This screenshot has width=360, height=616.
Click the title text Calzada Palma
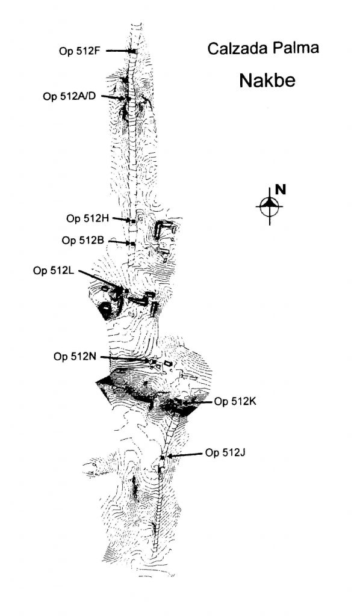coord(263,48)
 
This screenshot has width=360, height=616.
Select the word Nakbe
coord(267,81)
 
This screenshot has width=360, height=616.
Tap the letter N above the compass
coord(280,189)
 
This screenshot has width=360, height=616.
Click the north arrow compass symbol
coord(269,206)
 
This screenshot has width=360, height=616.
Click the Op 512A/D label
coord(69,96)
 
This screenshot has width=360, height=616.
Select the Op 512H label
coord(87,218)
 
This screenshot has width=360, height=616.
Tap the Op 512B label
coord(82,240)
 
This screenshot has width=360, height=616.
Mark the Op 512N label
coord(75,357)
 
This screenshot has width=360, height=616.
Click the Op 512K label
coord(235,401)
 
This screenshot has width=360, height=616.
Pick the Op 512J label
coord(225,453)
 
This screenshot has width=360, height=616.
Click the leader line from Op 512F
coord(119,51)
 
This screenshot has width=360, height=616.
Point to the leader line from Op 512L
coord(101,280)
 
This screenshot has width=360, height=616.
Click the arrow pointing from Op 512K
coord(199,402)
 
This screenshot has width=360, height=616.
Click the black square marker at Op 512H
coord(133,221)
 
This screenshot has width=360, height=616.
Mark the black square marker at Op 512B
coord(133,244)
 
